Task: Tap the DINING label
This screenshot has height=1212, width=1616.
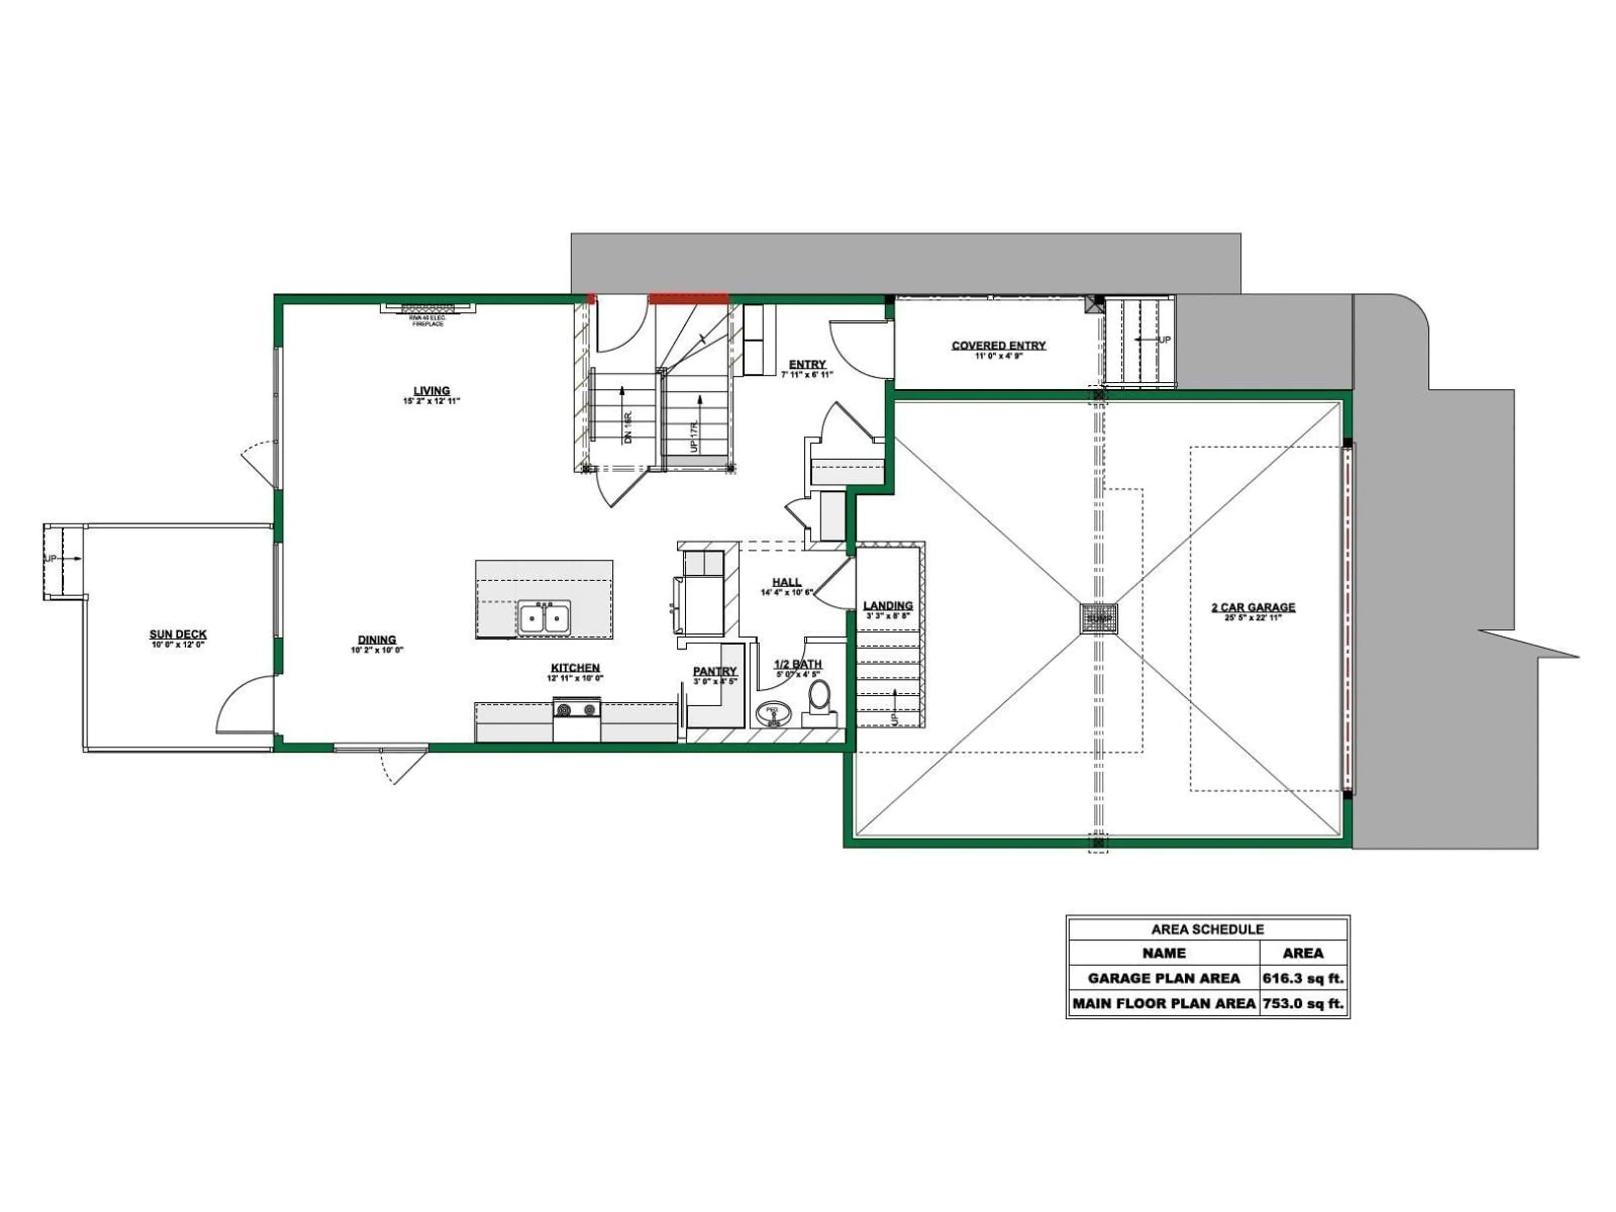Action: (377, 639)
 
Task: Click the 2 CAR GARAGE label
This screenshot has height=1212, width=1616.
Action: (1253, 607)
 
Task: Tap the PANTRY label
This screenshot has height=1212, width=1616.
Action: (715, 671)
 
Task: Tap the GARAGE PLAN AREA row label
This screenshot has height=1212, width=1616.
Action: (1163, 978)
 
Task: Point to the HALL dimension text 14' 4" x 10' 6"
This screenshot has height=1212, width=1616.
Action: (787, 593)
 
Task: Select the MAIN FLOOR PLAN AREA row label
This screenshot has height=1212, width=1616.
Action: (1163, 1004)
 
